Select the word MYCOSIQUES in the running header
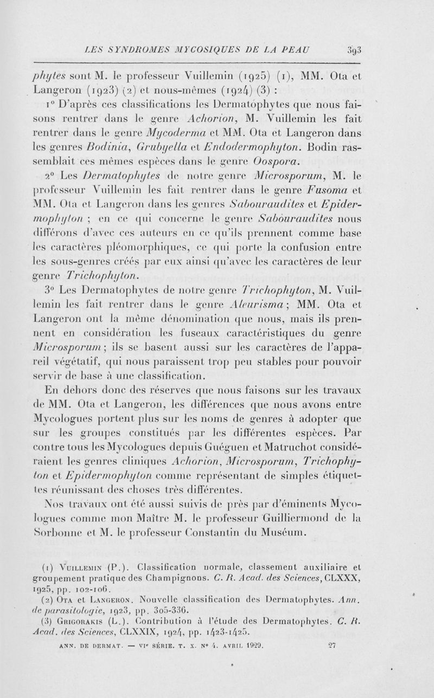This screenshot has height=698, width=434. (x=190, y=51)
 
